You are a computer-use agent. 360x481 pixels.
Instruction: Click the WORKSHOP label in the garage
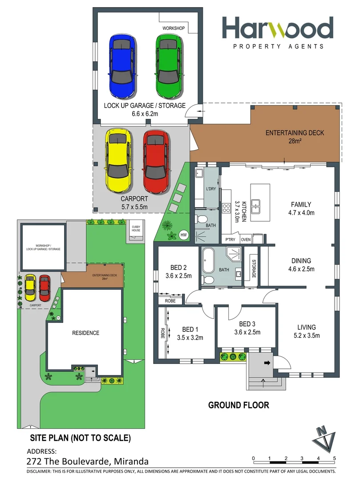tap(174, 28)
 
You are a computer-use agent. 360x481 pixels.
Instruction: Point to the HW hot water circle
tap(183, 234)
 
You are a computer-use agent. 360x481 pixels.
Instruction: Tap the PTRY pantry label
tap(230, 240)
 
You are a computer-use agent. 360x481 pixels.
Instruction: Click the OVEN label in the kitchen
tap(246, 240)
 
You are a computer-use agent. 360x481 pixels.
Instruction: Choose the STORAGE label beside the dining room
tap(254, 269)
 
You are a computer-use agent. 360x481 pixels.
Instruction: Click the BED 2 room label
tap(178, 268)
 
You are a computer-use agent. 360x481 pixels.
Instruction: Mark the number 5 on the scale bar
tap(334, 458)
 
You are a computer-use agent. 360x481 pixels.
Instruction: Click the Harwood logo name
tap(278, 29)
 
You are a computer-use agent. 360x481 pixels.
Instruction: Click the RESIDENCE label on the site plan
tap(86, 333)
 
